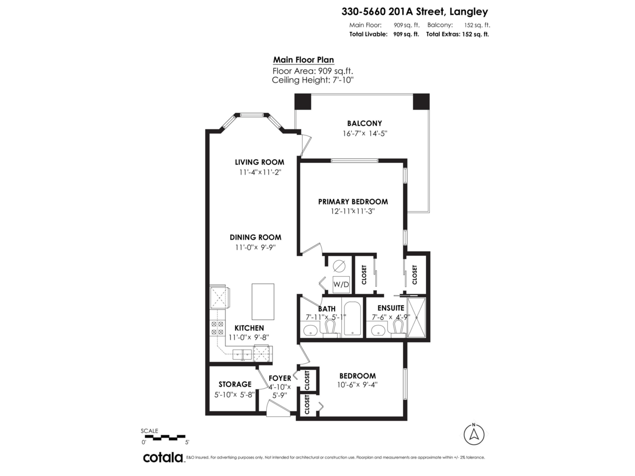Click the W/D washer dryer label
pyautogui.click(x=341, y=285)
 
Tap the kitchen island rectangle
pyautogui.click(x=263, y=301)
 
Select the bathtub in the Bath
pyautogui.click(x=351, y=319)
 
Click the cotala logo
pyautogui.click(x=163, y=457)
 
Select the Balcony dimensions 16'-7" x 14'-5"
pyautogui.click(x=365, y=134)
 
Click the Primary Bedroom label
pyautogui.click(x=353, y=202)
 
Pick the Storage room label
pyautogui.click(x=234, y=385)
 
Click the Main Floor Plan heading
pyautogui.click(x=303, y=60)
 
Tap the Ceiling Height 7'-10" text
pyautogui.click(x=312, y=80)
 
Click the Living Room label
pyautogui.click(x=259, y=162)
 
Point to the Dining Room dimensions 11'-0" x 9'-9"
pyautogui.click(x=255, y=247)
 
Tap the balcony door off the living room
pyautogui.click(x=305, y=145)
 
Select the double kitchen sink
pyautogui.click(x=243, y=354)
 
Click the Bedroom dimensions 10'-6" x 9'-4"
pyautogui.click(x=357, y=385)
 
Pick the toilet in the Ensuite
pyautogui.click(x=397, y=328)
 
